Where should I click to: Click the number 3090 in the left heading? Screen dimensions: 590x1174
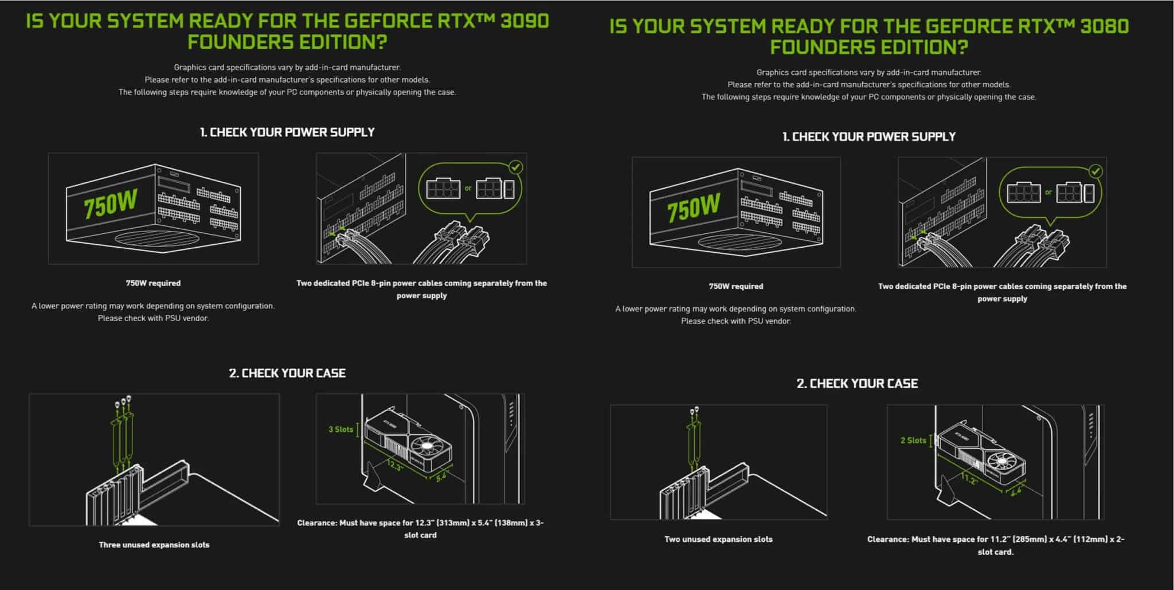(524, 21)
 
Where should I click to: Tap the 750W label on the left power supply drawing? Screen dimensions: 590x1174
(110, 205)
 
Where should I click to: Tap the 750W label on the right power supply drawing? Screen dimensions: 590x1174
(693, 208)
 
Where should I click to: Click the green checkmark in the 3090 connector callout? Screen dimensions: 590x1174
(516, 167)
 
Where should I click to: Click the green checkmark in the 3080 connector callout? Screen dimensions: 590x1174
(1095, 171)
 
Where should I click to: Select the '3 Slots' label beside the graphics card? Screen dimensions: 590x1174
(341, 429)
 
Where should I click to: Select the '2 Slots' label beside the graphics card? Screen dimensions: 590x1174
(913, 440)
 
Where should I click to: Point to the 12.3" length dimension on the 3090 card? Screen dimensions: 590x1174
(395, 466)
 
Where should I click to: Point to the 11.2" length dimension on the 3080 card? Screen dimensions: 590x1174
(969, 479)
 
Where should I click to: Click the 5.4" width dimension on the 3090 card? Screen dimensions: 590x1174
(441, 476)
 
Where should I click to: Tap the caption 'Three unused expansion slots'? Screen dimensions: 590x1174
(154, 545)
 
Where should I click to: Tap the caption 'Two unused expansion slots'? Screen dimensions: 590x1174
(718, 539)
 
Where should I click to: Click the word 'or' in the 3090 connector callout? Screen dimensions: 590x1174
(468, 188)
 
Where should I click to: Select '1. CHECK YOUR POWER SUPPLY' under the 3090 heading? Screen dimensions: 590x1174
(287, 132)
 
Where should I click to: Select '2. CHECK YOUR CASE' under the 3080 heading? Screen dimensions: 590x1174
(857, 384)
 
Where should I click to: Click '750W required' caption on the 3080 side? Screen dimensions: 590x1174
(735, 286)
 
